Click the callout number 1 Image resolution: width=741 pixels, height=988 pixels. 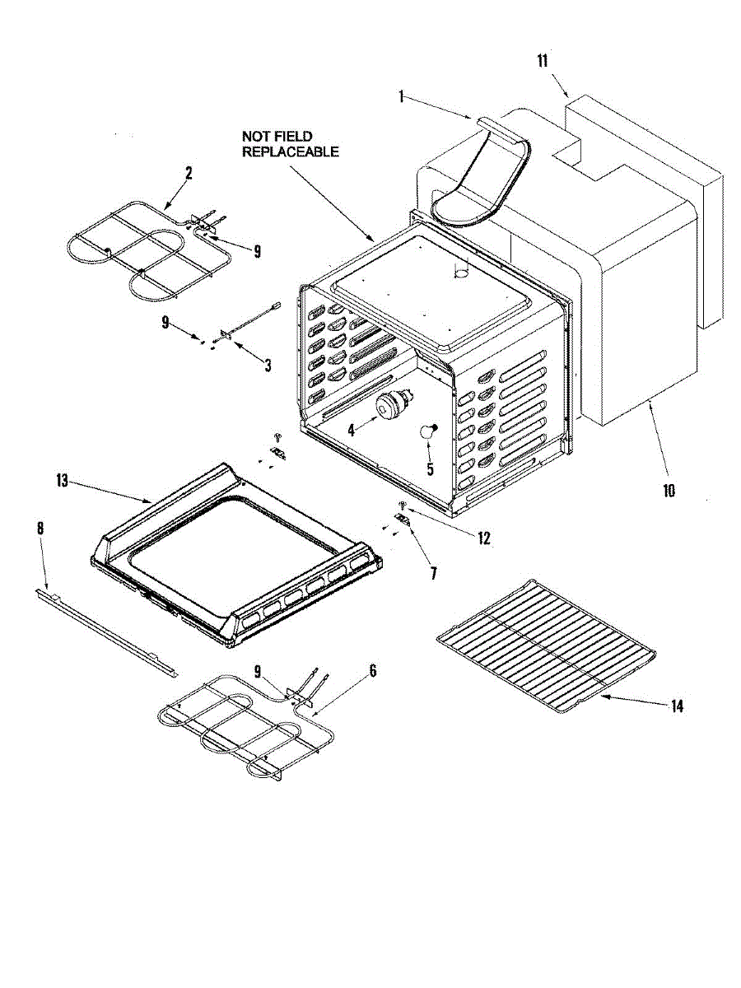click(401, 96)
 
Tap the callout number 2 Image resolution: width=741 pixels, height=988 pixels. click(189, 173)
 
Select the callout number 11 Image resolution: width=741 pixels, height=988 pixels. click(543, 60)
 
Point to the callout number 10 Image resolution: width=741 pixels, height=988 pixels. click(669, 491)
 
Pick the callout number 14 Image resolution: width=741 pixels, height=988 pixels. click(677, 706)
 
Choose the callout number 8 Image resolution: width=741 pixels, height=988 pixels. click(40, 528)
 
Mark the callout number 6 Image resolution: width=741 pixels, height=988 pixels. click(372, 671)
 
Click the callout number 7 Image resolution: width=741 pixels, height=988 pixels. click(433, 571)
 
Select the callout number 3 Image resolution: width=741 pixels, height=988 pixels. click(268, 366)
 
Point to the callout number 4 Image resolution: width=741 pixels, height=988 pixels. click(351, 429)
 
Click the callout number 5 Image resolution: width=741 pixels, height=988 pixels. click(428, 469)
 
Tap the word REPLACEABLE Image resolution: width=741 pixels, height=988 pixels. click(290, 151)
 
